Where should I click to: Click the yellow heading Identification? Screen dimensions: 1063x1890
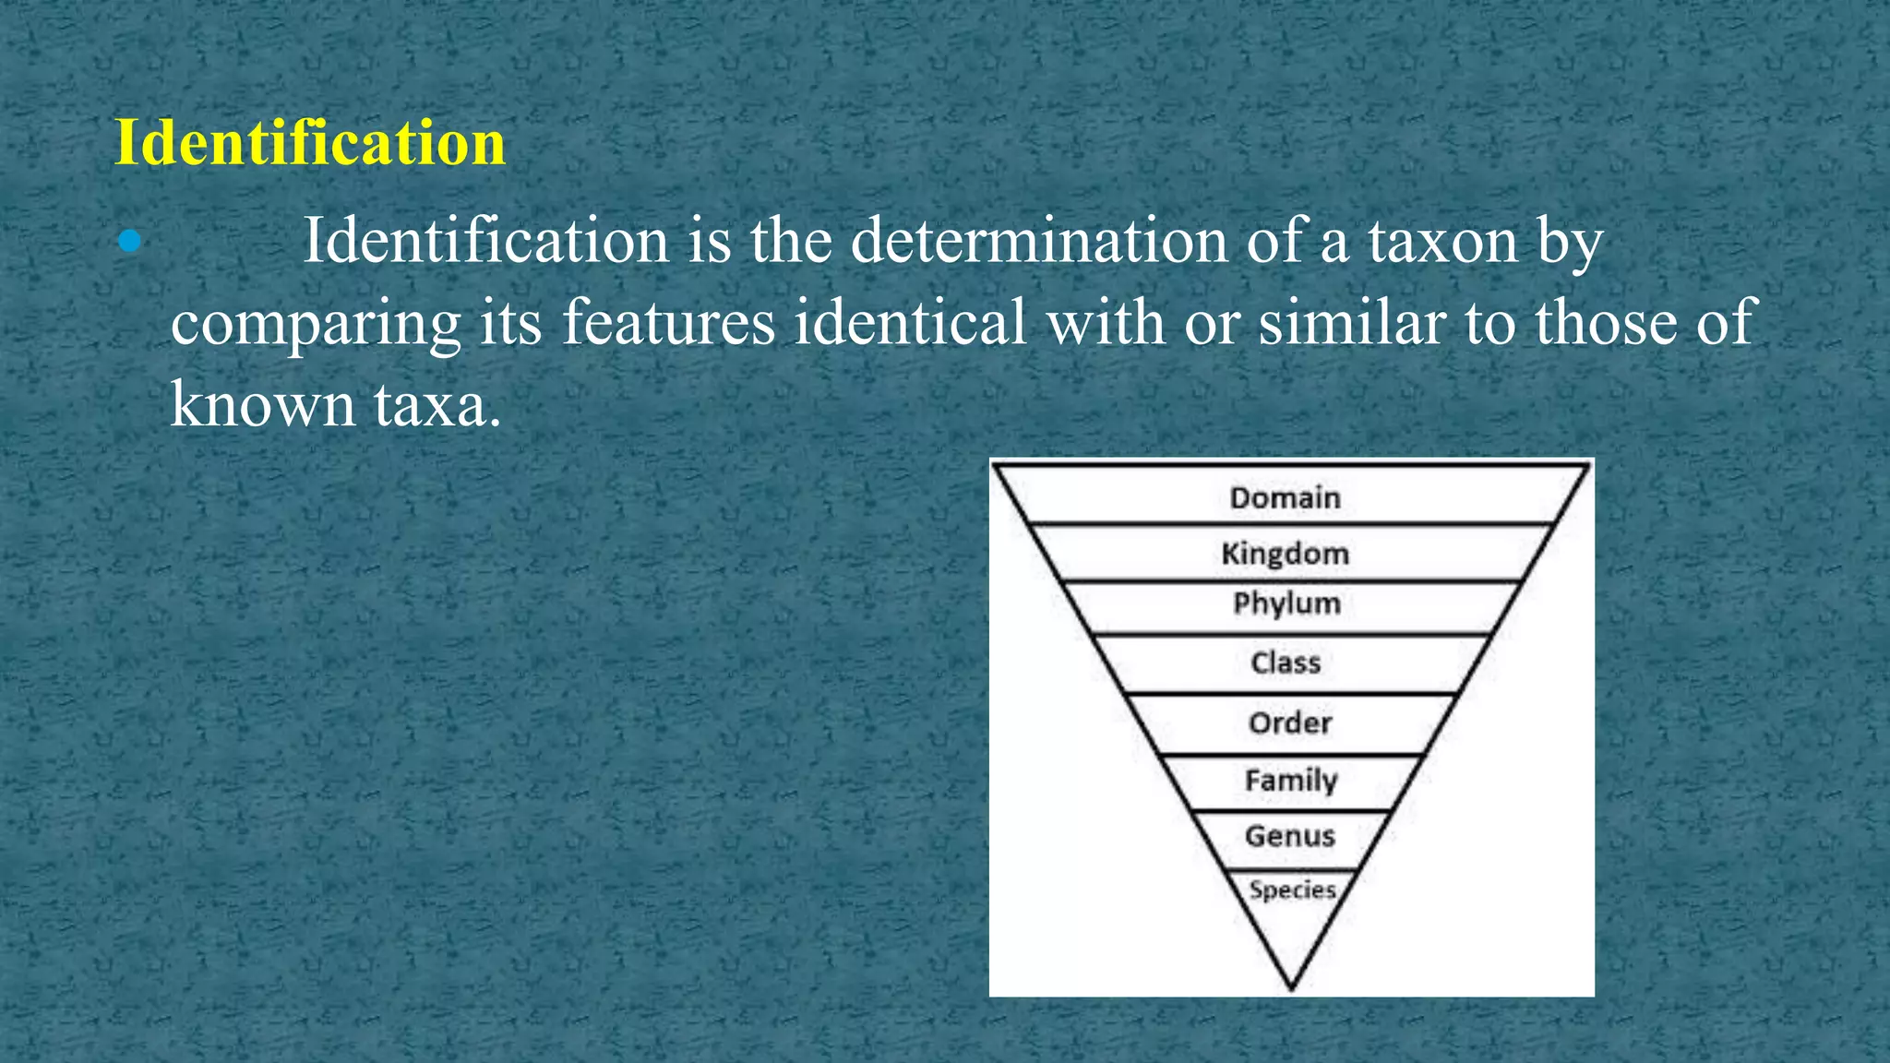310,143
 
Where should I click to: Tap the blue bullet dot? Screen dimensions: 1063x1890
129,242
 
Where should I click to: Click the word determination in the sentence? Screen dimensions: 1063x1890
1039,242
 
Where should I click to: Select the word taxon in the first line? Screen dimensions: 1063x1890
1442,242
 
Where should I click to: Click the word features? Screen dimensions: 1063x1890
668,323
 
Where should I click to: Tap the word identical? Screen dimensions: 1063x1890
910,323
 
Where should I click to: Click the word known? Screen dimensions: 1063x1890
262,404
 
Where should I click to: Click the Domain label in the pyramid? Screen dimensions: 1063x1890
1285,498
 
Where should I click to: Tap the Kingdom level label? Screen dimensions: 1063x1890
1285,554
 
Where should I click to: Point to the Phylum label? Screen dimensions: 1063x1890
1286,603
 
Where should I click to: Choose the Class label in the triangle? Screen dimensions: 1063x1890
1286,663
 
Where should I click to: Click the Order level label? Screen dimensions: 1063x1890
1290,723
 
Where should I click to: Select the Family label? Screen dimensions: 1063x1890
1290,781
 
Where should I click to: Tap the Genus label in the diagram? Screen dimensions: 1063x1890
1290,836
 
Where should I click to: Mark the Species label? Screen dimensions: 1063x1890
1292,890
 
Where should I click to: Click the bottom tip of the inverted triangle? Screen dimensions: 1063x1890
1291,985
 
